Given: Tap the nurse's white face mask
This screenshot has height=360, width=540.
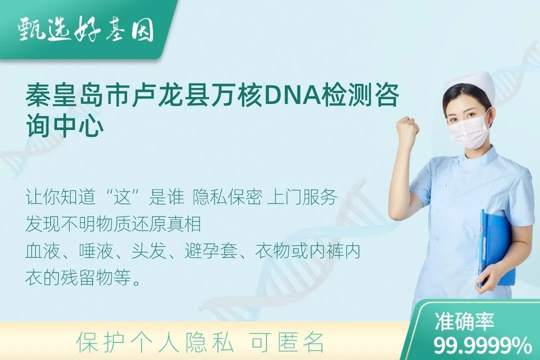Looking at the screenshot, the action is pyautogui.click(x=469, y=132).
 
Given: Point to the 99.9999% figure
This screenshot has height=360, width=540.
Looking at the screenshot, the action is pyautogui.click(x=482, y=345).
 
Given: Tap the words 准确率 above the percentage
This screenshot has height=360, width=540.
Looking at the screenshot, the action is pyautogui.click(x=464, y=322).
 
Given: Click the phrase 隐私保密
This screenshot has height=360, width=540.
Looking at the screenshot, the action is pyautogui.click(x=227, y=197).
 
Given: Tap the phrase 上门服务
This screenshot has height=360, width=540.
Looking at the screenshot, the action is pyautogui.click(x=302, y=197).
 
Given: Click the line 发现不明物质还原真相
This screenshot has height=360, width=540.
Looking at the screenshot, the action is pyautogui.click(x=113, y=224).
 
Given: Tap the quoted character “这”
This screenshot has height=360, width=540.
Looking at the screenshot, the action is pyautogui.click(x=123, y=197).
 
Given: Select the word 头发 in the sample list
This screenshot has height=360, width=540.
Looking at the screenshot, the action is pyautogui.click(x=149, y=251).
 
